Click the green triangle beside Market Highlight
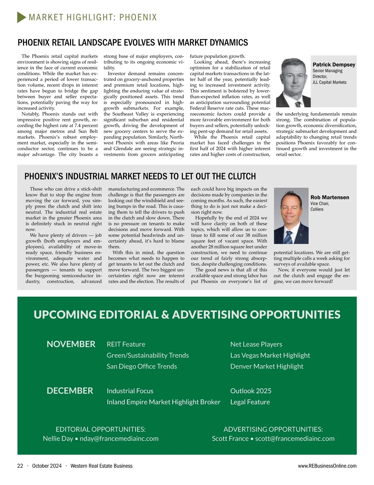pyautogui.click(x=22, y=17)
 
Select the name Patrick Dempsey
pyautogui.click(x=334, y=65)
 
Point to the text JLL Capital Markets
pyautogui.click(x=329, y=82)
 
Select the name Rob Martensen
pyautogui.click(x=330, y=197)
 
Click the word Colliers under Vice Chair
pyautogui.click(x=317, y=209)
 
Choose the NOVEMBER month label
pyautogui.click(x=71, y=344)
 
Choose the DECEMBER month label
pyautogui.click(x=70, y=391)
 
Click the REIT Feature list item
pyautogui.click(x=126, y=344)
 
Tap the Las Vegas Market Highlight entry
pyautogui.click(x=270, y=355)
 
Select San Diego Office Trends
pyautogui.click(x=142, y=366)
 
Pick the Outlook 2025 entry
pyautogui.click(x=251, y=391)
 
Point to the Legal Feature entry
pyautogui.click(x=250, y=402)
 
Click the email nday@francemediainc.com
pyautogui.click(x=119, y=439)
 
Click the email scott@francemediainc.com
pyautogui.click(x=295, y=439)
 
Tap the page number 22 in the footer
pyautogui.click(x=20, y=466)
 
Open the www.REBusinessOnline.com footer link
pyautogui.click(x=327, y=466)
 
